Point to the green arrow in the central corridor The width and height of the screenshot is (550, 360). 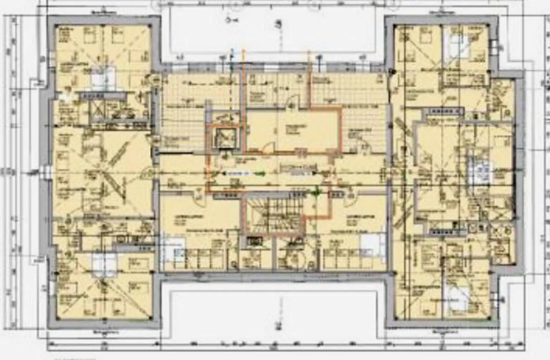(x=261, y=173)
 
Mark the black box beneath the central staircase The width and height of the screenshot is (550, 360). (x=255, y=241)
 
